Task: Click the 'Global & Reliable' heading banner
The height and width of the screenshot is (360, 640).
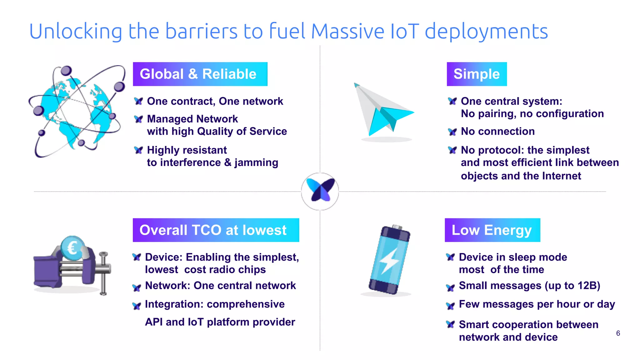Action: (x=200, y=74)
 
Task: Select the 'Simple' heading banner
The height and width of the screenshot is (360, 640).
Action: (x=477, y=74)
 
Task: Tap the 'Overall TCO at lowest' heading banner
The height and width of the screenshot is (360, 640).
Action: (x=216, y=230)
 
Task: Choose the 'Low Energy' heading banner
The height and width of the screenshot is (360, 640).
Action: (x=492, y=230)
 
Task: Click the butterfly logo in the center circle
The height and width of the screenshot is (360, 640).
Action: (x=320, y=190)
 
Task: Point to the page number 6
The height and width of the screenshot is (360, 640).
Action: (x=618, y=333)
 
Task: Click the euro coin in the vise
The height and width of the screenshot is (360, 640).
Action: (x=72, y=248)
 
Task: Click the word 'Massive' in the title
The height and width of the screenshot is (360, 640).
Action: (x=348, y=32)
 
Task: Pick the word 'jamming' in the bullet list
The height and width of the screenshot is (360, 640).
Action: (x=256, y=162)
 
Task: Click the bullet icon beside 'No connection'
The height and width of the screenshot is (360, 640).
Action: (x=452, y=132)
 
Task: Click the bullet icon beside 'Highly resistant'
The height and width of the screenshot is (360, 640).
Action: (x=138, y=150)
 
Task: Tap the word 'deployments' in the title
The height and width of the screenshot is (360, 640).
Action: (x=486, y=32)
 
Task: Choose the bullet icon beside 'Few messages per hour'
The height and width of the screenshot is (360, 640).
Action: (x=450, y=306)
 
